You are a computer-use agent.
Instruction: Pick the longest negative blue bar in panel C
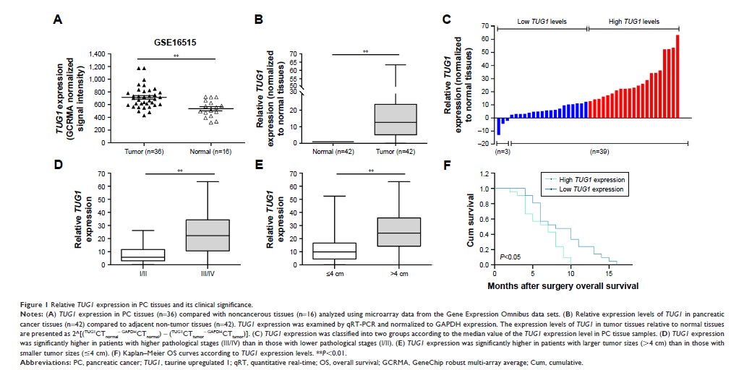tap(498, 125)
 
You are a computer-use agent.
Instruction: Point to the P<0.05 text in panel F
tap(509, 256)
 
